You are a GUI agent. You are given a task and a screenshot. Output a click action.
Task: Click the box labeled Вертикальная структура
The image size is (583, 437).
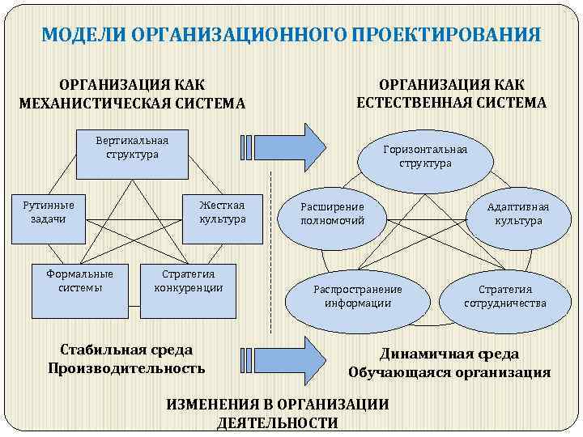132,146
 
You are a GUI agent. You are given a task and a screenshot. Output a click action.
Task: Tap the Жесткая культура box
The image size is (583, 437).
223,212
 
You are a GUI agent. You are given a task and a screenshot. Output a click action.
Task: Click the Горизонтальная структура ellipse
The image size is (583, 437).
425,156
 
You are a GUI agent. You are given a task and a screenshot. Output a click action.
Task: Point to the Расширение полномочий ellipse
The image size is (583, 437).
333,214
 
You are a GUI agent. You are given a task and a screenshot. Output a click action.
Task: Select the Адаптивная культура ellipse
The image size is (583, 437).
518,214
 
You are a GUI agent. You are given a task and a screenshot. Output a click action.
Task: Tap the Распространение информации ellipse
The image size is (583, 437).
357,296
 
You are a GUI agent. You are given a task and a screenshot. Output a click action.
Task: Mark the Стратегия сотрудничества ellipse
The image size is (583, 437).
505,296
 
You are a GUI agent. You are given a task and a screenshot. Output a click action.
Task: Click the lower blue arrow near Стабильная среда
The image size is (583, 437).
283,357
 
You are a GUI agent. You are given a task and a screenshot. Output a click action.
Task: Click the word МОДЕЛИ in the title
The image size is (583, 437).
82,36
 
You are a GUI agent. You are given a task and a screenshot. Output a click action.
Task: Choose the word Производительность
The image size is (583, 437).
126,368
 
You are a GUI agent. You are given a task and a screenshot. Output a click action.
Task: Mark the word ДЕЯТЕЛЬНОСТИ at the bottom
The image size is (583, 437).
278,423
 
